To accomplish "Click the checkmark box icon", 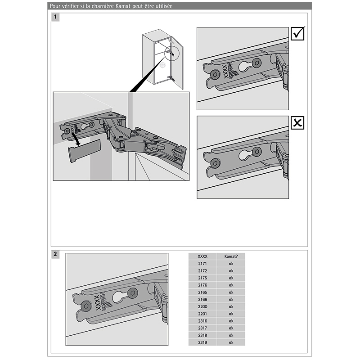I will (297, 34).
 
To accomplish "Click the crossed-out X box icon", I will (297, 123).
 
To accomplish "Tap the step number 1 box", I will (55, 18).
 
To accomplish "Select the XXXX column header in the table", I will (202, 256).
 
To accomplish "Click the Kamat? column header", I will (231, 256).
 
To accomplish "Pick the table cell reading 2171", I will (202, 263).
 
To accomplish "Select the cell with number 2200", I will (202, 306).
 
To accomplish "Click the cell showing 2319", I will (202, 342).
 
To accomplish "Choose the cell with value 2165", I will (202, 292).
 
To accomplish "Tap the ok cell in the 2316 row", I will (231, 321).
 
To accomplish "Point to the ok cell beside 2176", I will (231, 285).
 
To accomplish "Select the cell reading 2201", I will (202, 314).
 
